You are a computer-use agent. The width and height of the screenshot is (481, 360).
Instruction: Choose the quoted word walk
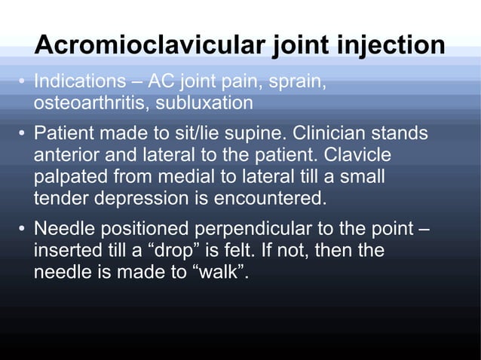click(222, 271)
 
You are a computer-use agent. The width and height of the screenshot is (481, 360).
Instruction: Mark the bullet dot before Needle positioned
click(23, 229)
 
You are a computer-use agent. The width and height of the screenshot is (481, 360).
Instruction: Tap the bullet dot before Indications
click(23, 81)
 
